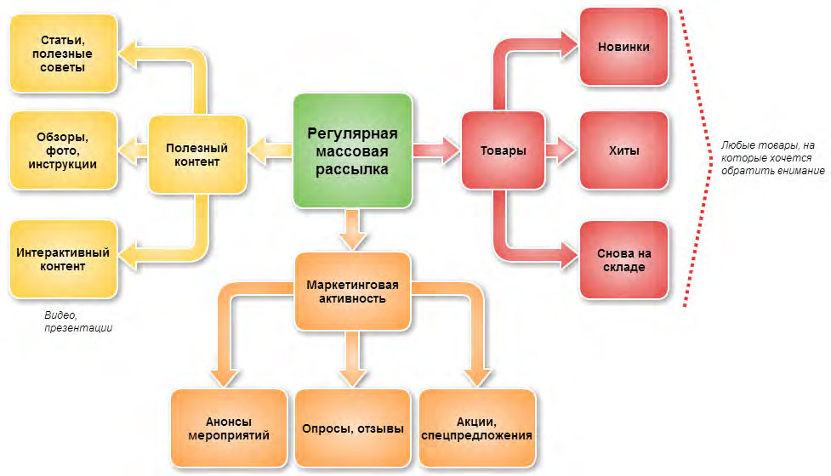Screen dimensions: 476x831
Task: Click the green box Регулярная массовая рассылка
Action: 353,151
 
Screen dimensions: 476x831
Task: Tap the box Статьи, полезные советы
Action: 64,53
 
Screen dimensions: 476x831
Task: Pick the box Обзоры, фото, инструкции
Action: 64,150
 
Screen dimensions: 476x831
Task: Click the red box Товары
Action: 503,151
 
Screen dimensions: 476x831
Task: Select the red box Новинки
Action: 623,47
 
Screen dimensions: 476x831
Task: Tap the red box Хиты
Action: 623,151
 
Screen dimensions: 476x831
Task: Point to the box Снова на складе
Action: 623,259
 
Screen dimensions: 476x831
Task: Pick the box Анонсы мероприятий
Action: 228,429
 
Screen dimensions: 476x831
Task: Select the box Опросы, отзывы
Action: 353,429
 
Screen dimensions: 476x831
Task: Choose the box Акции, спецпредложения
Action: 477,429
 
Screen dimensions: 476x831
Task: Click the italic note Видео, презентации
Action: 78,321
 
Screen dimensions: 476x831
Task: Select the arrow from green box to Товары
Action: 436,151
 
